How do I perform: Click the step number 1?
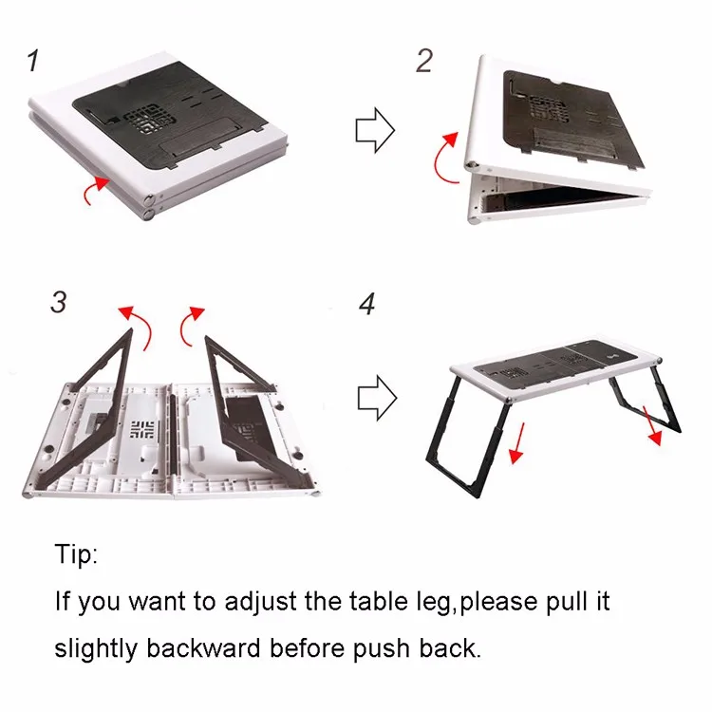click(x=34, y=62)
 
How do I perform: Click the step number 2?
click(x=424, y=61)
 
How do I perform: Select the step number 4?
click(x=367, y=305)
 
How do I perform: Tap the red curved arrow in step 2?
click(x=444, y=156)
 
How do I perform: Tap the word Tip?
click(x=76, y=554)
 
